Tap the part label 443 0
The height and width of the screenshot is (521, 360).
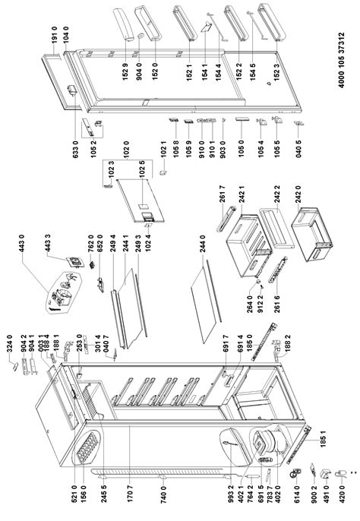pyautogui.click(x=23, y=257)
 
